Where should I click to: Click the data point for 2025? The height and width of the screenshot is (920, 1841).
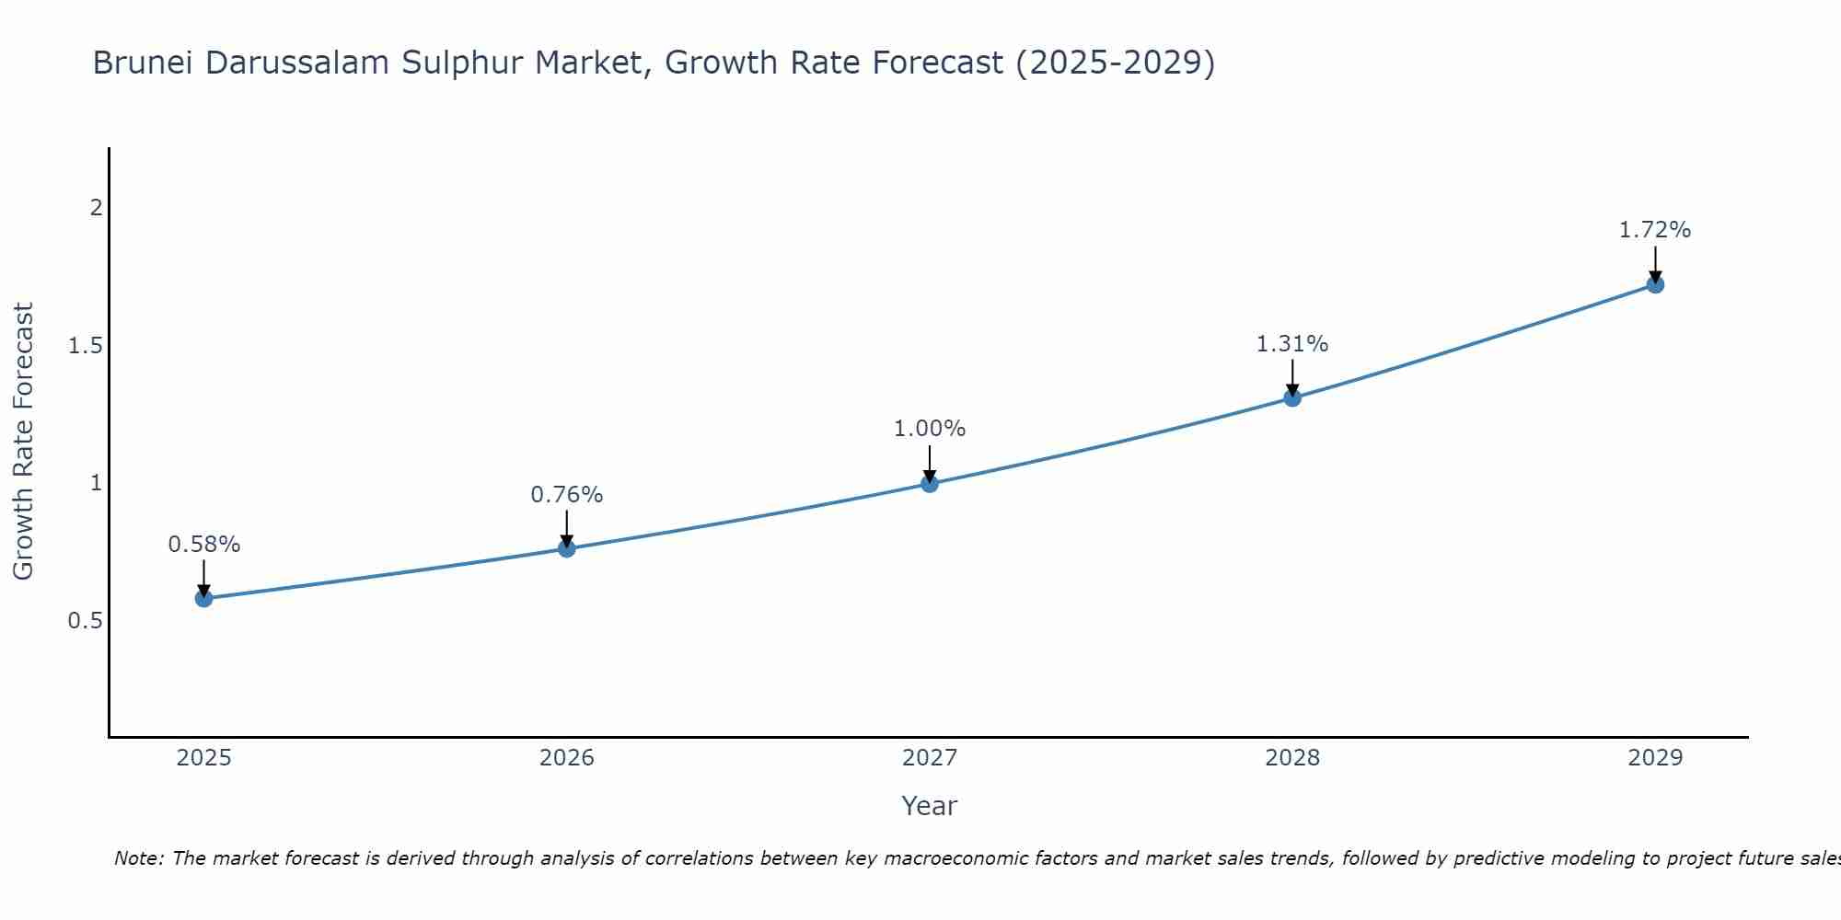(203, 599)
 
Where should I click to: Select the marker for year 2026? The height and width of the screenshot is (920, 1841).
(567, 549)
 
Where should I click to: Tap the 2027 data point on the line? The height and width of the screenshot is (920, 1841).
(930, 483)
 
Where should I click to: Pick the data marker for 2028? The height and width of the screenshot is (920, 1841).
(1292, 397)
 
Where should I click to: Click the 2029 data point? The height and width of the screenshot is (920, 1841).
(1655, 284)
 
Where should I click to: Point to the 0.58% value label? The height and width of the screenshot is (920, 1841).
(203, 545)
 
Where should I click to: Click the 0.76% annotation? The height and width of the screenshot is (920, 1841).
(567, 495)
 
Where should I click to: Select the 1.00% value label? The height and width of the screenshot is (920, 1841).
(930, 429)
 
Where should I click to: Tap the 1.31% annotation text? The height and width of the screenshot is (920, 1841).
(1292, 344)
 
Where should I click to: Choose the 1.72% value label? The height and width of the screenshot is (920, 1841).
(1655, 230)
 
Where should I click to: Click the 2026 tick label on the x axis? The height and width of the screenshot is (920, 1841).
(567, 758)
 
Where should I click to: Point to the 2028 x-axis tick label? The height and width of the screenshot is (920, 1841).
(1292, 758)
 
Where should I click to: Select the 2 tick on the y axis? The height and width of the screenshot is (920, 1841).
(96, 208)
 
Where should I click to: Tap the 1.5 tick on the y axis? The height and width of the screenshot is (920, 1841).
(85, 346)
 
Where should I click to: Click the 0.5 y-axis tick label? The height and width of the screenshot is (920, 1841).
(85, 621)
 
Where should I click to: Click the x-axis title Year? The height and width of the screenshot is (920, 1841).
(930, 806)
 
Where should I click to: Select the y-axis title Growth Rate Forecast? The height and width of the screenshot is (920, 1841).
(24, 442)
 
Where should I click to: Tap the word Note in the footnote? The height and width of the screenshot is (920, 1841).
(138, 858)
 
